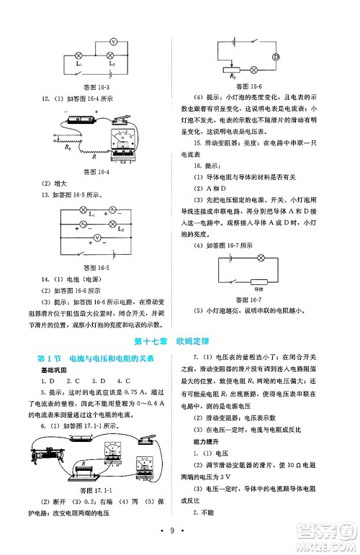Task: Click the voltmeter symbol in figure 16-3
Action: pos(112,42)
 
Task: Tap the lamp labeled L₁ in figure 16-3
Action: pos(78,55)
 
